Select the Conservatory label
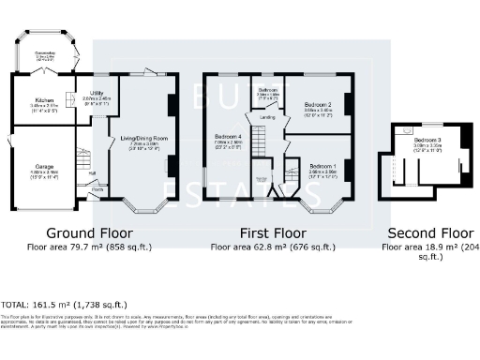[x=43, y=54]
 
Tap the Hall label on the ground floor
[x=92, y=172]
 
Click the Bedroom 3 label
[x=427, y=142]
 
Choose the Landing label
[x=267, y=117]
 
